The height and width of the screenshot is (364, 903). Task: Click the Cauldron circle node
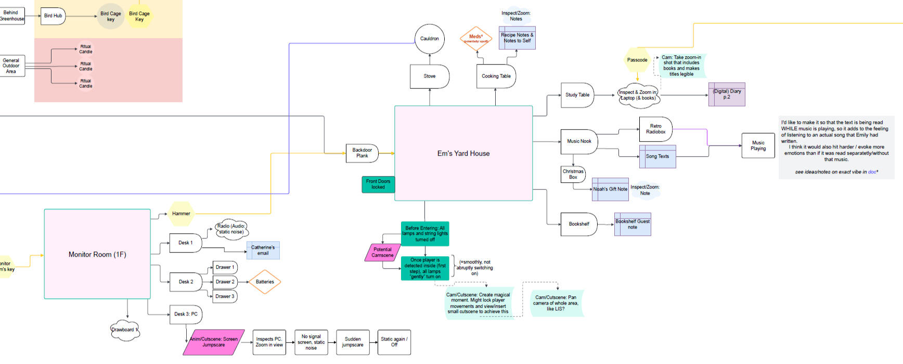[x=430, y=39]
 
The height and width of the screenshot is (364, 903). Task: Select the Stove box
[x=430, y=77]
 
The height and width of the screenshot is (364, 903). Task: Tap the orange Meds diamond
[x=476, y=39]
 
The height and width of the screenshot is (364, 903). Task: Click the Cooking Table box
[x=496, y=77]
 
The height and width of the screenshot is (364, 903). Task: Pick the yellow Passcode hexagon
[x=637, y=60]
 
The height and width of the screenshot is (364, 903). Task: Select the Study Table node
[x=577, y=95]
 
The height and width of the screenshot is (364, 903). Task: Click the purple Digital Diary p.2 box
[x=727, y=94]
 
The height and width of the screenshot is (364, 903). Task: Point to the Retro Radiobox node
[x=655, y=129]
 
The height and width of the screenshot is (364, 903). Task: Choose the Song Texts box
[x=657, y=157]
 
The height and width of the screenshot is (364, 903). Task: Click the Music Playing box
[x=758, y=146]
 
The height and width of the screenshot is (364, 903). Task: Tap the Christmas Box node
[x=573, y=174]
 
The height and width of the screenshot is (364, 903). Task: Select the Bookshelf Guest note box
[x=633, y=224]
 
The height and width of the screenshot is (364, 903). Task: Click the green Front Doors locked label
[x=378, y=184]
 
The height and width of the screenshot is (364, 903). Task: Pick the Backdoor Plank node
[x=362, y=153]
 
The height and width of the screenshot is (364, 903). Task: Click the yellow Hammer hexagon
[x=181, y=214]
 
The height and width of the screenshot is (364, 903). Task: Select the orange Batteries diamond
[x=265, y=282]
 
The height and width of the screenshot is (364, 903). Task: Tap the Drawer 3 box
[x=225, y=296]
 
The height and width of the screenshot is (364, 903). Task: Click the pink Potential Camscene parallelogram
[x=382, y=253]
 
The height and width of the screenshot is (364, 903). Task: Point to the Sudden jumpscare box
[x=353, y=342]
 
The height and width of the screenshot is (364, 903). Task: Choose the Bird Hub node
[x=53, y=16]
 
